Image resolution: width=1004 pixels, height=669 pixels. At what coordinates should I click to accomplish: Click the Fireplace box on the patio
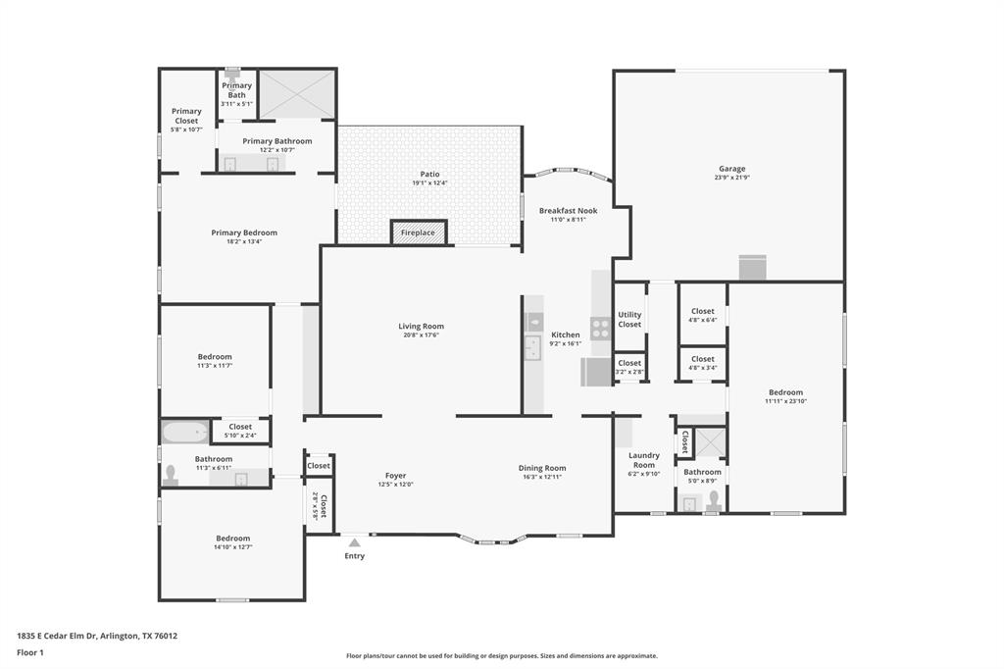[x=420, y=232]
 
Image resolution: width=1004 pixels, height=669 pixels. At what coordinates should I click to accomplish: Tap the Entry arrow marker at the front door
[x=354, y=542]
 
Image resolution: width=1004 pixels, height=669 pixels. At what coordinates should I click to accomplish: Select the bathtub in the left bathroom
[x=185, y=432]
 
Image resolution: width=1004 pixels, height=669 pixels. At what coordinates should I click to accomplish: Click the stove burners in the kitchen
[x=600, y=329]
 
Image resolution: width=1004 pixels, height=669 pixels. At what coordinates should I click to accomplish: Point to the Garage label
[x=731, y=169]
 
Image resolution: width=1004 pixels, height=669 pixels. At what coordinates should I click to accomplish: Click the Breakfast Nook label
[x=568, y=211]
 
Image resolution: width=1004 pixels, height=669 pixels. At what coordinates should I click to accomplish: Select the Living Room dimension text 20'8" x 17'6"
[x=421, y=334]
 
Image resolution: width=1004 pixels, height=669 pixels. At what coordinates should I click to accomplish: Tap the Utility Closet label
[x=629, y=320]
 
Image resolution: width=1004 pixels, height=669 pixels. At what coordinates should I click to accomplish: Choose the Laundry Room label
[x=643, y=460]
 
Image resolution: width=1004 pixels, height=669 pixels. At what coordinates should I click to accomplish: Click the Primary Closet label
[x=186, y=116]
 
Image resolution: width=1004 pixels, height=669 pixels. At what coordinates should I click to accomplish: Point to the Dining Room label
[x=542, y=468]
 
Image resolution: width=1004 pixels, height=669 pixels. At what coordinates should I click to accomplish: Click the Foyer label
[x=395, y=476]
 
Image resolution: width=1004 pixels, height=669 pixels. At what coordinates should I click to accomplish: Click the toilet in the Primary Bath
[x=232, y=73]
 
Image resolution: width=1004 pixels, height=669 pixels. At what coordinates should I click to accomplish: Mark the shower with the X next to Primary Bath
[x=297, y=93]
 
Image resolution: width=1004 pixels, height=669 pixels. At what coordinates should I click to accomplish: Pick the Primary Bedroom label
[x=244, y=232]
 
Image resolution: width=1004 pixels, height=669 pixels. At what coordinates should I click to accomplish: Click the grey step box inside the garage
[x=752, y=267]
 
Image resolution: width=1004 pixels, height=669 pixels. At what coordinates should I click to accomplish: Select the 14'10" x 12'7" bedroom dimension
[x=233, y=547]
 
